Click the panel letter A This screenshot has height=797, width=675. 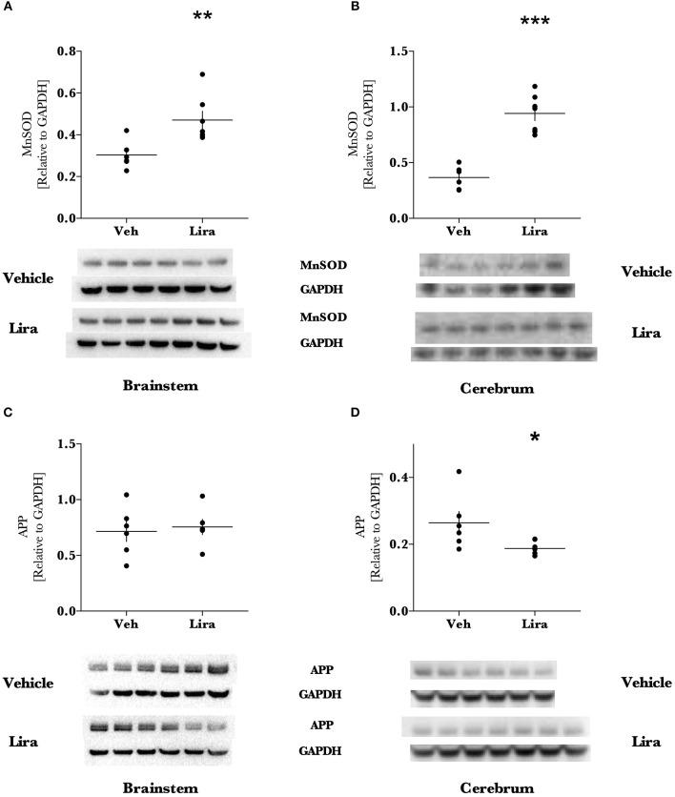tap(7, 7)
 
